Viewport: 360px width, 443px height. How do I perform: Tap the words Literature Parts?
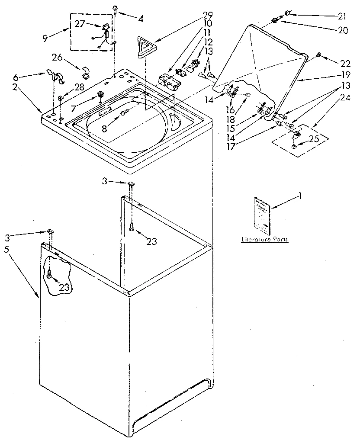(x=264, y=239)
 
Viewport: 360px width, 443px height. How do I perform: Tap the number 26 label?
(x=58, y=57)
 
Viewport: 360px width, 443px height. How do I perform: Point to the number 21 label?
(x=342, y=16)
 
